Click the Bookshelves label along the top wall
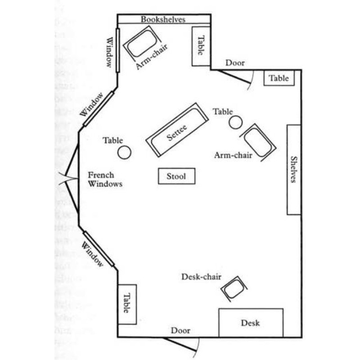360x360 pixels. coord(163,19)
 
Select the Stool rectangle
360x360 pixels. coord(176,176)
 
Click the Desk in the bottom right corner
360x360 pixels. coord(251,322)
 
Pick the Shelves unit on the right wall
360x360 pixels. coord(293,169)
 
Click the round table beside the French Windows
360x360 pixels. coord(124,153)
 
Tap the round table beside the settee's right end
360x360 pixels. coord(236,122)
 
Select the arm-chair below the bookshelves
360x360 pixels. coord(140,43)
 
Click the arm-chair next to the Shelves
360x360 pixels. coord(258,140)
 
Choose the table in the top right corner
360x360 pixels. coord(279,78)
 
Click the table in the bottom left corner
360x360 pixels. coord(126,304)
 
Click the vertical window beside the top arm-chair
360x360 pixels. coord(117,49)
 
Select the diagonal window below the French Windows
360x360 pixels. coord(99,249)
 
